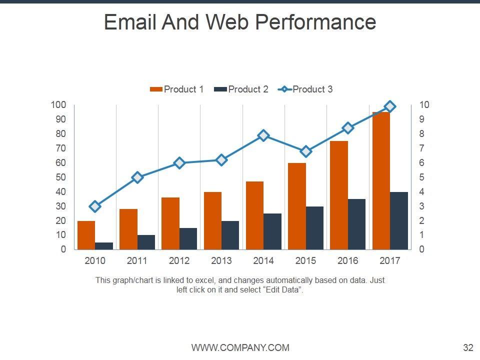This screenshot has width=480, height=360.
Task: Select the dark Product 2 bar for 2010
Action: [x=104, y=246]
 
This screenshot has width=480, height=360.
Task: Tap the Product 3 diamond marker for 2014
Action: [x=263, y=135]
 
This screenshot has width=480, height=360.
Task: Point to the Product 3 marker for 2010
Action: [x=95, y=206]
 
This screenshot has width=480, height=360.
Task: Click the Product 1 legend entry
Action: [x=177, y=89]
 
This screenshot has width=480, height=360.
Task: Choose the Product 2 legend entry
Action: [x=241, y=89]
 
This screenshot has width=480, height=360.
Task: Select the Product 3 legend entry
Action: [x=306, y=89]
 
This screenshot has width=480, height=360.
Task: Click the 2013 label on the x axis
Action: [x=221, y=261]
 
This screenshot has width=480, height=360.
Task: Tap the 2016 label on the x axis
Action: [x=348, y=261]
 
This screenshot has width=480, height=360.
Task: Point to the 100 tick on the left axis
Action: [x=58, y=105]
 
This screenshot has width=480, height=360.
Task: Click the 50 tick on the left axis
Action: [x=60, y=177]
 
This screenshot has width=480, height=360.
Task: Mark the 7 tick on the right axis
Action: [x=422, y=148]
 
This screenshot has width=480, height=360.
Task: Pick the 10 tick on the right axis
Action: [x=424, y=105]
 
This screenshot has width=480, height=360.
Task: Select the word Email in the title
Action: [x=130, y=22]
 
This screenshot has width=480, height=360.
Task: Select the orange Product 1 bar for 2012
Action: [x=170, y=223]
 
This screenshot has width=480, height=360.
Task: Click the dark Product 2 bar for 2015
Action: [x=314, y=228]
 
